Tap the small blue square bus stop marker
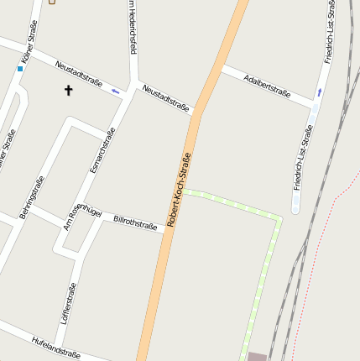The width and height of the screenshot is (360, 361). point(20,68)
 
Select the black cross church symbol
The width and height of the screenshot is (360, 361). point(68,89)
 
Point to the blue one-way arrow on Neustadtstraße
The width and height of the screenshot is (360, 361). point(116,90)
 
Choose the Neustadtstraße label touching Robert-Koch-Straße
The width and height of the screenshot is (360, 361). point(165,97)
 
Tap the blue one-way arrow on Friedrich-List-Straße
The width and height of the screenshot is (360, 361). point(319,91)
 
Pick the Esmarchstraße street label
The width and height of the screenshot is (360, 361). point(102,150)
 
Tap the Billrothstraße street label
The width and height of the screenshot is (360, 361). point(135,222)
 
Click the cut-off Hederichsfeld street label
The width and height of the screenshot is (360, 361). point(132,28)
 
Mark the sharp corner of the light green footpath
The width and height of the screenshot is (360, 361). point(279,219)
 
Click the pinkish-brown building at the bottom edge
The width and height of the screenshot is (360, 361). point(257,357)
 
